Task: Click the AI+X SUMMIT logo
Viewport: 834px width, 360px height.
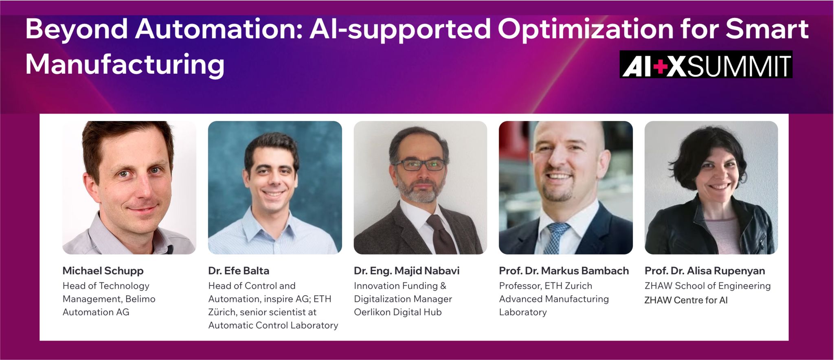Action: (706, 65)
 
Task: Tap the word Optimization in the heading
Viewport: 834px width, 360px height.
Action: (585, 29)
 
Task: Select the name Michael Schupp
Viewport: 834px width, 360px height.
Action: (103, 271)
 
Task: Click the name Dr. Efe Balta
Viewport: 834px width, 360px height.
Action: (239, 271)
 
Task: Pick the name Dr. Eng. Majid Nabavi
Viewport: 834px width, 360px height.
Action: (406, 271)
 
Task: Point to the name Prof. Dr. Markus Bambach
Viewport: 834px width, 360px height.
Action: (564, 271)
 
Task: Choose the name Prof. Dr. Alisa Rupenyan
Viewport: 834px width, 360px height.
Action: (705, 271)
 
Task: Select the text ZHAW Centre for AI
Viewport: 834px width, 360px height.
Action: (686, 300)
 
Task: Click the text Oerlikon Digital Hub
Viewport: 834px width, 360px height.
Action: (397, 312)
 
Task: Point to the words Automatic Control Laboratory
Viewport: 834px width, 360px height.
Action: (273, 325)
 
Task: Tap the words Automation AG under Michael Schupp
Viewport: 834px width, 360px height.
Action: (96, 312)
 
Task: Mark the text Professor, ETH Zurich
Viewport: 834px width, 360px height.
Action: (545, 286)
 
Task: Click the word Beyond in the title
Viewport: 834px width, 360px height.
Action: (77, 29)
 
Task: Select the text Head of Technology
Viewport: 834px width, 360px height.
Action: (106, 286)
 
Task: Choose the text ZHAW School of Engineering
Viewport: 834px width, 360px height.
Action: (707, 286)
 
